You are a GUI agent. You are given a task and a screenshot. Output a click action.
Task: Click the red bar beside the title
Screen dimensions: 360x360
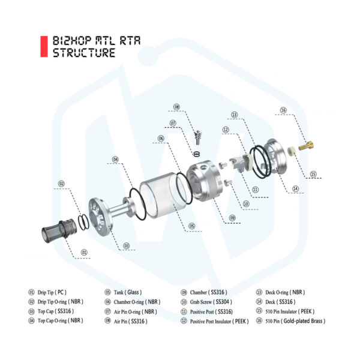43,47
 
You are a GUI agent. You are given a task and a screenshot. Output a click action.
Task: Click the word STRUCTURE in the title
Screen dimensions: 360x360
84,53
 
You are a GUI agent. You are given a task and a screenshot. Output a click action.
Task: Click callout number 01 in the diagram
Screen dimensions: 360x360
84,253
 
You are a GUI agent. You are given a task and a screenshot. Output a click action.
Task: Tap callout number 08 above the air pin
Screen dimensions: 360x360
176,107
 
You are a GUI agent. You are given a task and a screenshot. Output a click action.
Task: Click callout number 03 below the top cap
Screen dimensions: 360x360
127,245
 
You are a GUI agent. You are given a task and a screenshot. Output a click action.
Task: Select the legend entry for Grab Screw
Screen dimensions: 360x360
207,302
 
